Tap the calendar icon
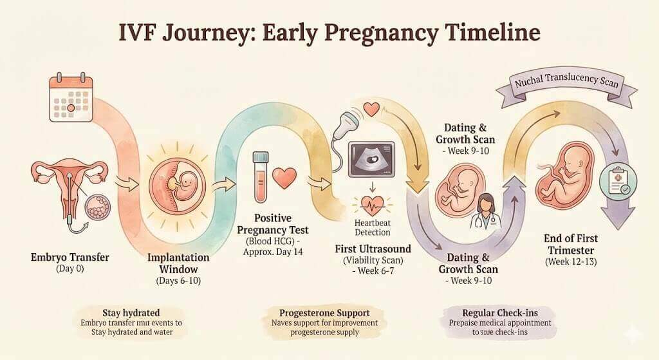[68, 99]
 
